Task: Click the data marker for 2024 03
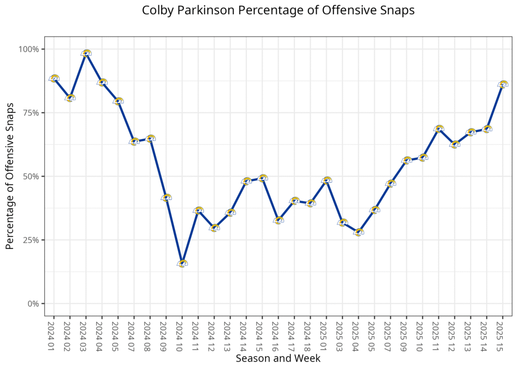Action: coord(86,53)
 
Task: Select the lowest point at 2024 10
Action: coord(182,263)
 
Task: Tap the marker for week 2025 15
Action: coord(502,85)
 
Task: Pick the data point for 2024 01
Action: coord(54,78)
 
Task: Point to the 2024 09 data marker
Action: coord(166,197)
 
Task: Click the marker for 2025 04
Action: coord(358,232)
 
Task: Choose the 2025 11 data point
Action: coord(439,129)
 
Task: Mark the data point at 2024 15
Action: coord(262,178)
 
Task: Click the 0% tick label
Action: coord(33,304)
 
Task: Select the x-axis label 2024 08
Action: coord(150,334)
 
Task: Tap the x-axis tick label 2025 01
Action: coord(326,334)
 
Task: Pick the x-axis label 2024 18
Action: coord(310,334)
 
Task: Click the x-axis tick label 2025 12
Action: coord(454,334)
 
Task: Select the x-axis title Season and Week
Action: coord(278,358)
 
